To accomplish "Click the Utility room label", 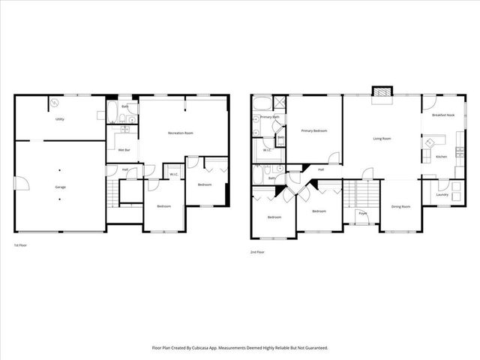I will [58, 119].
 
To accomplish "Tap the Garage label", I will [59, 186].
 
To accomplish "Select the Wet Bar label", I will [124, 151].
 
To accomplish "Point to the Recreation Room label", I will [181, 133].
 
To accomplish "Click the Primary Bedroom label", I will [316, 130].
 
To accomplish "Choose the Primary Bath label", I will [270, 117].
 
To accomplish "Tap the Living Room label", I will [383, 138].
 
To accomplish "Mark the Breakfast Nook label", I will [443, 115].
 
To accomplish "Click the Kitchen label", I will [442, 157].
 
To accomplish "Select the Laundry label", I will [442, 194].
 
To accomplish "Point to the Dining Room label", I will [400, 206].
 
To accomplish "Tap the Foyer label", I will [362, 214].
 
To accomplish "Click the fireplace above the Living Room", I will [382, 92].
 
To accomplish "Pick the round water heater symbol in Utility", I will [55, 103].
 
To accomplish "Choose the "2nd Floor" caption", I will [257, 252].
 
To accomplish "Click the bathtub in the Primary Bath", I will [262, 104].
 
